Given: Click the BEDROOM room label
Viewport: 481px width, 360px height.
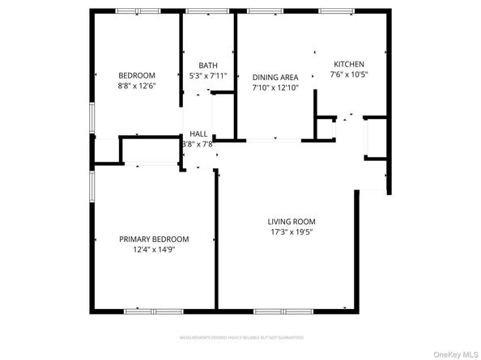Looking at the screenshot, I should pos(137,76).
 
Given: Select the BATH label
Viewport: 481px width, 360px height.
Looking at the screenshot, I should pos(208,66).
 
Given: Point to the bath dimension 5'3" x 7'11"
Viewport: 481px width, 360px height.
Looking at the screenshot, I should pos(208,76).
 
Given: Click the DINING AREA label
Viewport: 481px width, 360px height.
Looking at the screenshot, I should pos(275,77).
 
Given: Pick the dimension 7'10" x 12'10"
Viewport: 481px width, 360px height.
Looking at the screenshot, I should pos(275,87).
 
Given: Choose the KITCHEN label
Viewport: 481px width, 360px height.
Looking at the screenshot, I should pos(349,65).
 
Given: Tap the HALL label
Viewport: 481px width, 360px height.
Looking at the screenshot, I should pos(198,134).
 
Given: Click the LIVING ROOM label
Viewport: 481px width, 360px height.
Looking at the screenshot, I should pos(292,222).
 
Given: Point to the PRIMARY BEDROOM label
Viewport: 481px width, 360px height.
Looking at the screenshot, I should pos(154,239).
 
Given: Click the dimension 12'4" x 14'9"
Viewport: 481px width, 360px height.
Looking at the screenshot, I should pos(154,250).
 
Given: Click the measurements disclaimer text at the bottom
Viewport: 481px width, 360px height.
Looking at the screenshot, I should pos(240,337).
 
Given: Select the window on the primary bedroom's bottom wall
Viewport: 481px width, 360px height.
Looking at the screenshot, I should pos(154,310).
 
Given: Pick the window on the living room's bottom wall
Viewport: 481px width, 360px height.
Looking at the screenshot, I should pos(283,310).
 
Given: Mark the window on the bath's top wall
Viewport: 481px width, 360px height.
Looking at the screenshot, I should pos(208,11).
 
